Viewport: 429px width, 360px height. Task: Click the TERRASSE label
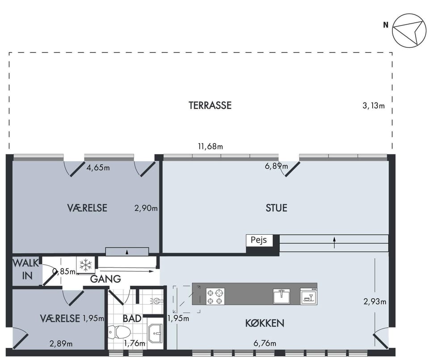(x=210, y=106)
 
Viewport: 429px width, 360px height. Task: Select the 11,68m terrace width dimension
(x=210, y=147)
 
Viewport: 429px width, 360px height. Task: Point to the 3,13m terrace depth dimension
(x=374, y=106)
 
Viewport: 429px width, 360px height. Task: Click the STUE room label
(x=276, y=208)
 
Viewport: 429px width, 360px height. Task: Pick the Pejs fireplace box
(x=259, y=240)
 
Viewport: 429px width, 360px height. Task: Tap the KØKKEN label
(x=265, y=323)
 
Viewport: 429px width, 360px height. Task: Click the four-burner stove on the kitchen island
(x=215, y=297)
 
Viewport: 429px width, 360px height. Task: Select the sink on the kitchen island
(x=282, y=296)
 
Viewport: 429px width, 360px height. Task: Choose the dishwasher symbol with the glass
(x=309, y=296)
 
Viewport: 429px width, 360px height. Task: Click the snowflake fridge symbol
(x=86, y=265)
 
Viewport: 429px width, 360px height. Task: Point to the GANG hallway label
(x=105, y=279)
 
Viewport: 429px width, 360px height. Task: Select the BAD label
(x=132, y=318)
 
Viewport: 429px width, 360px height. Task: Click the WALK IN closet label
(x=26, y=270)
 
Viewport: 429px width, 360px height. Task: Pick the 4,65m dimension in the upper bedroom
(x=98, y=168)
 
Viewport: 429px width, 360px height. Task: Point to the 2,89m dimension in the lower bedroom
(x=61, y=343)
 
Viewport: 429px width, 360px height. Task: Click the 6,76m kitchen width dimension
(x=265, y=343)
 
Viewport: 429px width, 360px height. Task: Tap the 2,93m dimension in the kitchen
(x=375, y=302)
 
